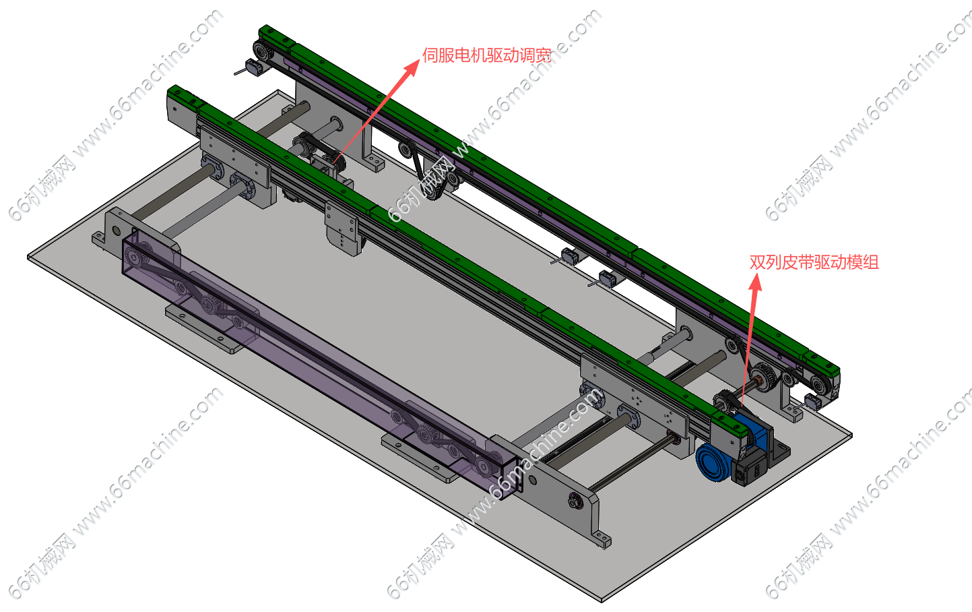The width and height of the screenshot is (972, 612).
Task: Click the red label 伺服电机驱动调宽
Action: (x=487, y=55)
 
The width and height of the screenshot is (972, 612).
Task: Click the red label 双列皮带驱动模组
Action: (x=814, y=262)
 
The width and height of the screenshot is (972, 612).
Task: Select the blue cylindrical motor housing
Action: (x=711, y=462)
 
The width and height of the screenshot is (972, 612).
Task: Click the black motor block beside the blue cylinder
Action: (x=750, y=466)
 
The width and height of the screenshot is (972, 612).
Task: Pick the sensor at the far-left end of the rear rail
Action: (x=253, y=68)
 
